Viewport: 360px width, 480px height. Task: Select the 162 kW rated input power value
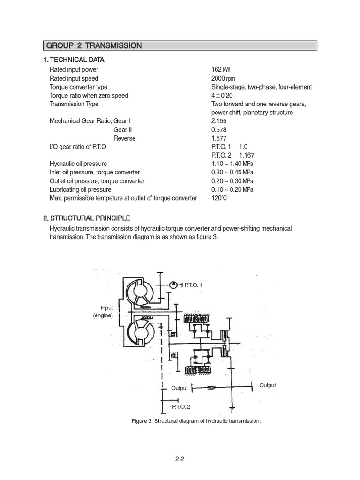pos(221,70)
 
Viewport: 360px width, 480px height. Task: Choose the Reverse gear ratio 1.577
pos(219,138)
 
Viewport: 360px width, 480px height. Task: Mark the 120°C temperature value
pos(219,198)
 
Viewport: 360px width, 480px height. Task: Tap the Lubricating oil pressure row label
pos(81,190)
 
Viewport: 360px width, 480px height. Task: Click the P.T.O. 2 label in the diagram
pos(181,407)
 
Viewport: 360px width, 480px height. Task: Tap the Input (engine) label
pos(104,312)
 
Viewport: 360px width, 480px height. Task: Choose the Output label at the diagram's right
pos(268,385)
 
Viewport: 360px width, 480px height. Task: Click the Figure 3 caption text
pos(196,421)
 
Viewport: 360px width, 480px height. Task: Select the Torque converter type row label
pos(78,87)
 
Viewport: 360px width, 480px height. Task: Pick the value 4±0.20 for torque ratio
pos(222,96)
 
